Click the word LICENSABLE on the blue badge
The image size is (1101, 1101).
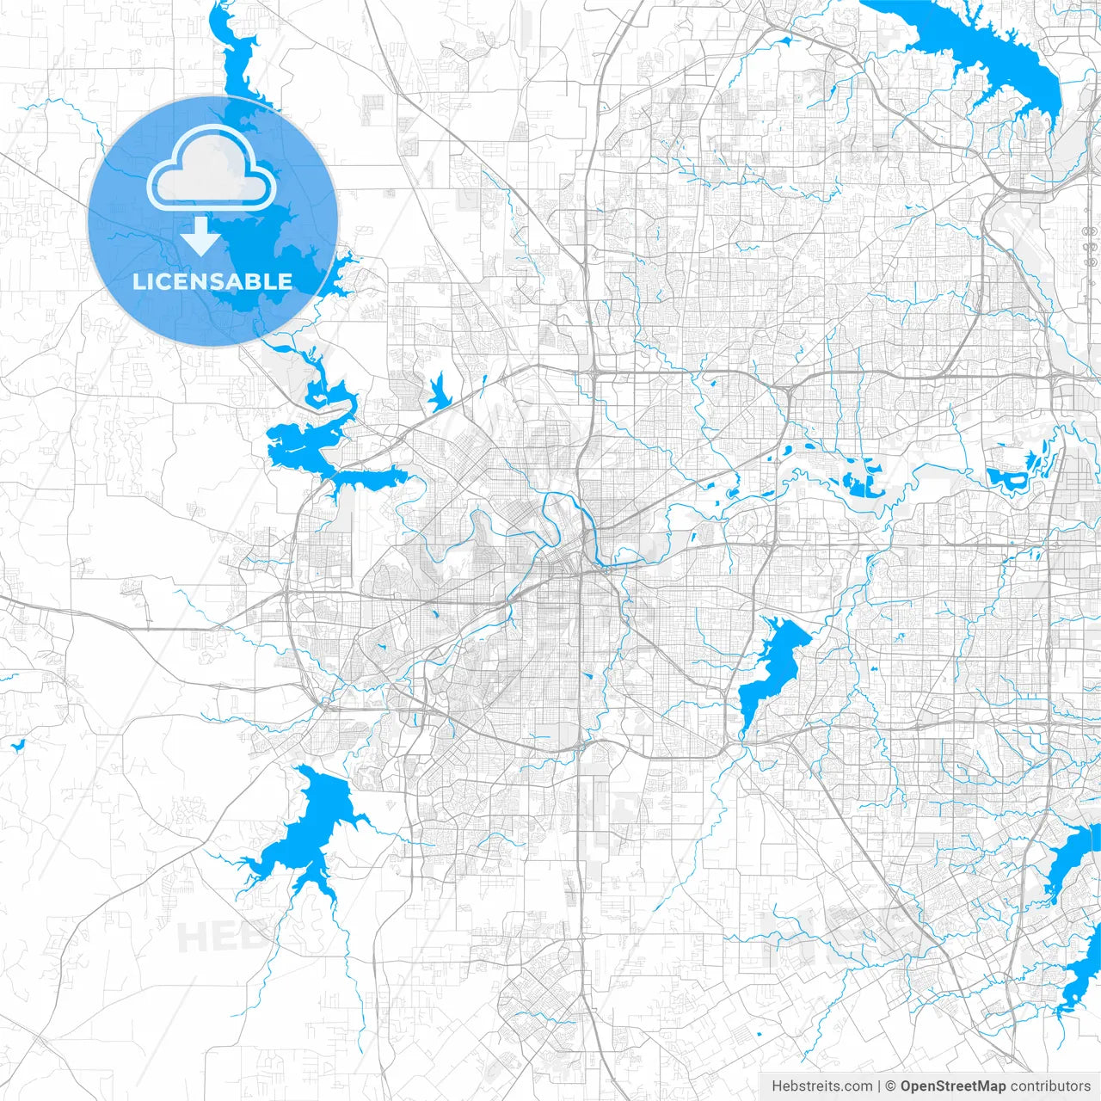click(x=212, y=281)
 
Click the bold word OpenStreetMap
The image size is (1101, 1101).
click(x=953, y=1086)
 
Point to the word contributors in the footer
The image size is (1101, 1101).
click(x=1050, y=1086)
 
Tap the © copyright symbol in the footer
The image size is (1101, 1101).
click(x=891, y=1086)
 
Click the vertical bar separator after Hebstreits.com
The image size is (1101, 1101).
click(x=879, y=1086)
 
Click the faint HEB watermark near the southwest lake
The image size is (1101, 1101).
click(x=211, y=936)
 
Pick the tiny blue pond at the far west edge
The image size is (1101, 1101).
click(x=16, y=744)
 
